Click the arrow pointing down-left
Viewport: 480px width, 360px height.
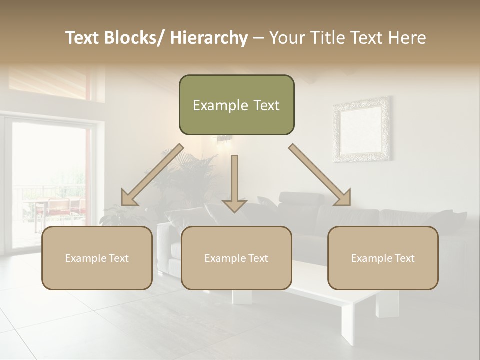coord(152,175)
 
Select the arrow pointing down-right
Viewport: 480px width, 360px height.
coord(320,175)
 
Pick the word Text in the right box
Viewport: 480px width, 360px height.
coord(404,258)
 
